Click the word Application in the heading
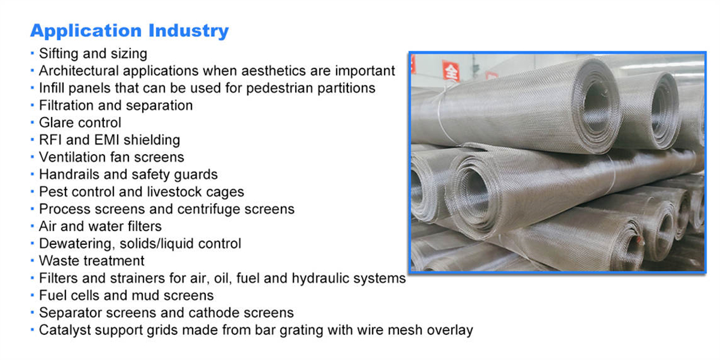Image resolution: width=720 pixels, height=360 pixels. (x=86, y=31)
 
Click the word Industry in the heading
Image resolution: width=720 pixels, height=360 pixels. (x=188, y=31)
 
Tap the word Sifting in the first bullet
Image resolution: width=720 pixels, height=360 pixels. (x=59, y=54)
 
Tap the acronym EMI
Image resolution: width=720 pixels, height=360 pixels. (x=105, y=140)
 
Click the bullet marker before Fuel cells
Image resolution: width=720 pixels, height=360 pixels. (x=32, y=295)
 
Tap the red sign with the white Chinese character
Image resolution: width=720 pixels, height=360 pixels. (x=451, y=71)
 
